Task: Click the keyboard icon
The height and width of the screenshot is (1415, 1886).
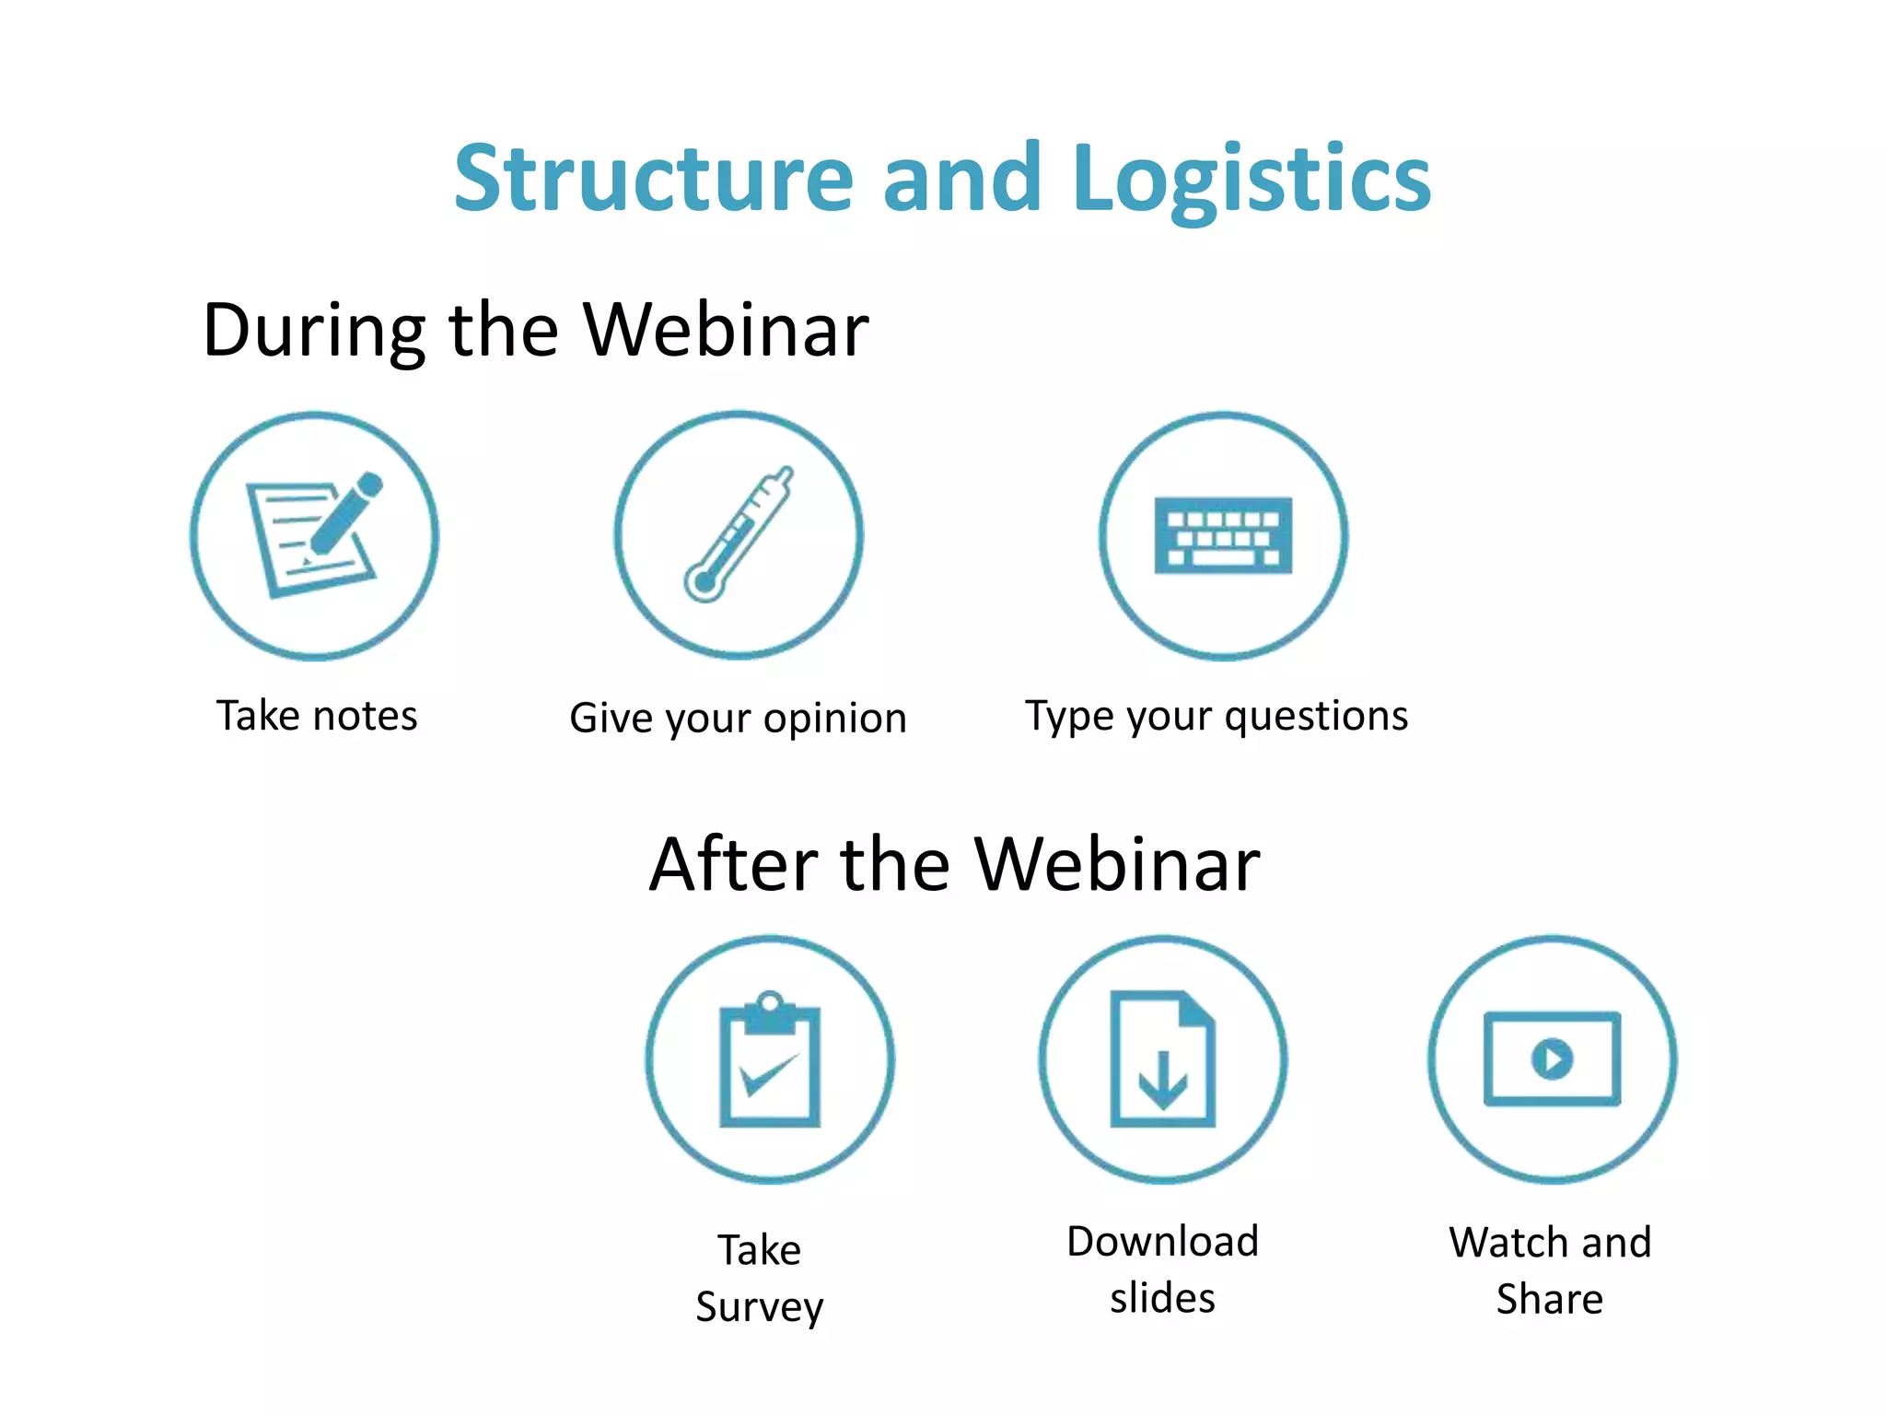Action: click(x=1223, y=536)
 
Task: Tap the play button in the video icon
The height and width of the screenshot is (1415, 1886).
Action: click(x=1553, y=1058)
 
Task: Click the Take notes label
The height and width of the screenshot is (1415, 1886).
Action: click(x=317, y=716)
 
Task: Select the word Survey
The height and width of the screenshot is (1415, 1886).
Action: click(x=760, y=1307)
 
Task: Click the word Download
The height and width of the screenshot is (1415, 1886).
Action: click(x=1162, y=1242)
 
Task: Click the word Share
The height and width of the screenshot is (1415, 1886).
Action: click(x=1550, y=1300)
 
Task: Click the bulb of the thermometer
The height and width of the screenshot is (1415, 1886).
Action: click(x=704, y=583)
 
